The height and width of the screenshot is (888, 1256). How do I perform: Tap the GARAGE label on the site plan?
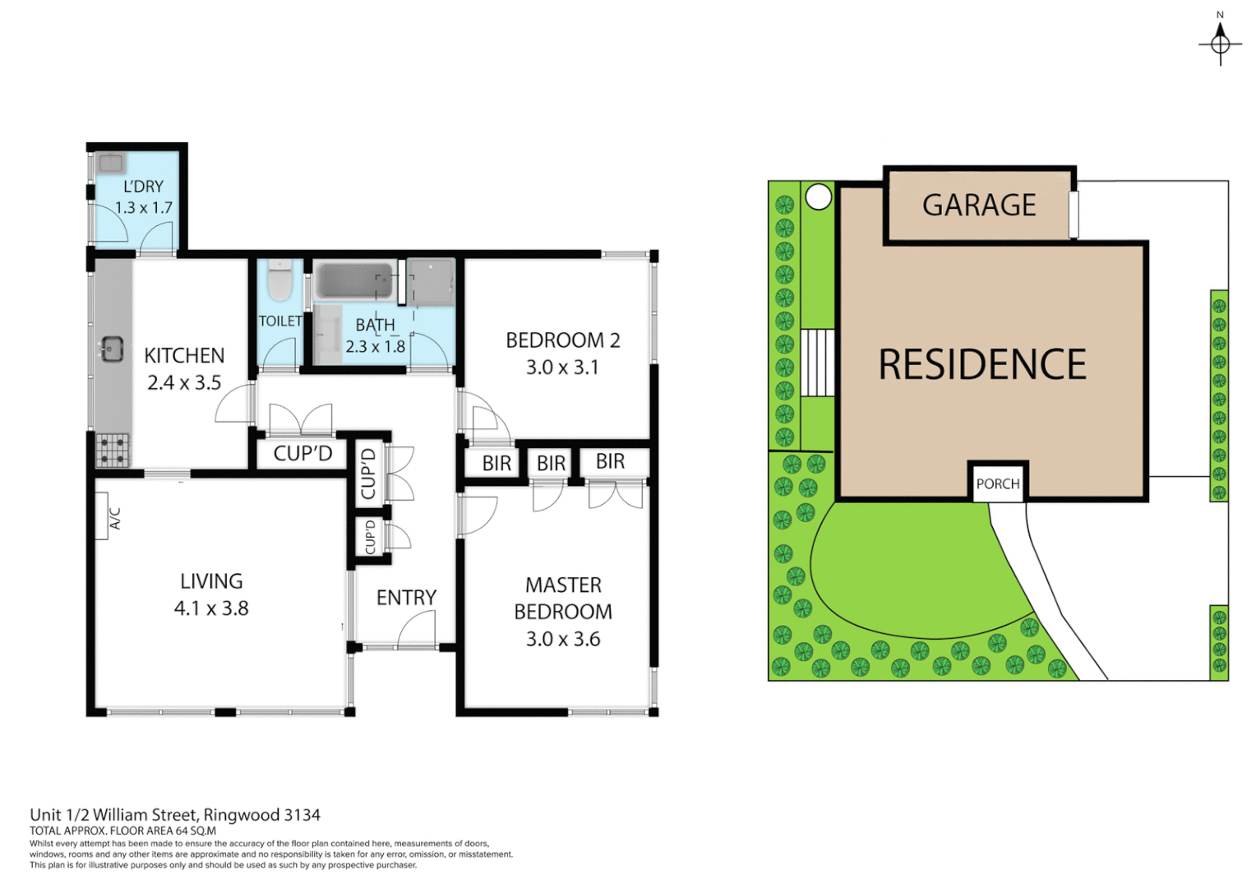click(979, 205)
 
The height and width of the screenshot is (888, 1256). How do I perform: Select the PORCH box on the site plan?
click(998, 483)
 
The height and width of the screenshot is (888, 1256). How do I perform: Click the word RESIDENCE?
click(982, 364)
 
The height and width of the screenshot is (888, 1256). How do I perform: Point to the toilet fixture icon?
click(279, 280)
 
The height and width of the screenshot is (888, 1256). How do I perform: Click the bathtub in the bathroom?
click(353, 280)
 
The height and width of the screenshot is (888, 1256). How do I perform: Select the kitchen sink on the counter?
click(111, 349)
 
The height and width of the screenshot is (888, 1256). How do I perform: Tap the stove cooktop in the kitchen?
click(113, 450)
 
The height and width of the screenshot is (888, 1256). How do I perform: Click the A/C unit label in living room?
click(114, 517)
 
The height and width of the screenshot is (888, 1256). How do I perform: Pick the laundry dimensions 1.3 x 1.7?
click(143, 208)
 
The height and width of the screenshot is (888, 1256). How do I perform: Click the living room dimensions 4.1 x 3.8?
click(211, 608)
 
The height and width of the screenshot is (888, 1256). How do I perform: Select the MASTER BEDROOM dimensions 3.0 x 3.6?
click(563, 639)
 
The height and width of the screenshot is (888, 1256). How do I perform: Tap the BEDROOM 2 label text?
click(563, 340)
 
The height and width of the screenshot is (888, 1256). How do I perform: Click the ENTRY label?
click(406, 598)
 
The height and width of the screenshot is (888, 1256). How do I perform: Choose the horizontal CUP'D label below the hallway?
click(302, 453)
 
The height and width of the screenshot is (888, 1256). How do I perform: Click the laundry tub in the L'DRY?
click(111, 163)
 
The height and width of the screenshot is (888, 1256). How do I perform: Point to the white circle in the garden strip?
click(818, 197)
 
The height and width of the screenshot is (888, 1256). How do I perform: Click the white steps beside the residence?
click(818, 362)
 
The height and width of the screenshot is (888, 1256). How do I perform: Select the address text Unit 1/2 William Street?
click(175, 815)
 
